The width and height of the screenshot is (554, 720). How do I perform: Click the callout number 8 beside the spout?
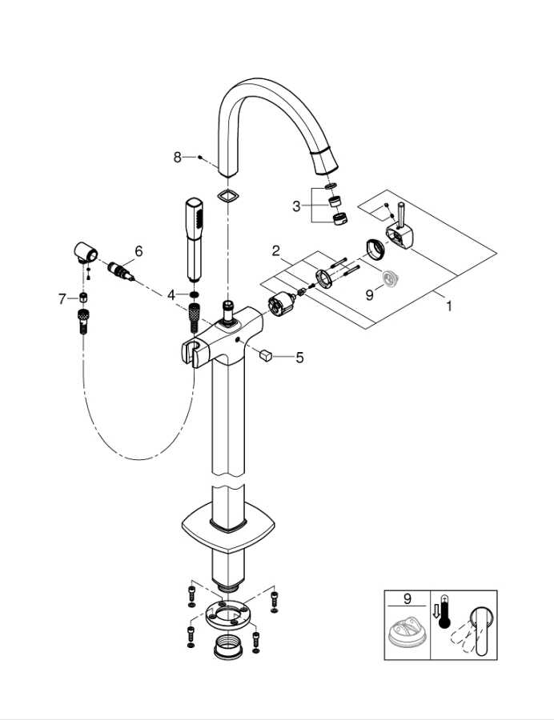[177, 158]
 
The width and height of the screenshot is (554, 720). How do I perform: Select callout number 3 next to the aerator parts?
[296, 206]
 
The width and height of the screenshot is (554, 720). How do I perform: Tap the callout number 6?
[138, 251]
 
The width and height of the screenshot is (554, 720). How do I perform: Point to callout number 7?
[62, 299]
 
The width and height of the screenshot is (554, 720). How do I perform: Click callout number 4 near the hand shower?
[171, 294]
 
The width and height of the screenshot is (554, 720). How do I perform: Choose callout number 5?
[299, 358]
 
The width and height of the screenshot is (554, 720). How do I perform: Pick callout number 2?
[275, 250]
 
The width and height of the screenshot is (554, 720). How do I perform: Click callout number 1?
[449, 306]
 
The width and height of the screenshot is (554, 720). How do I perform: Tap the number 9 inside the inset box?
[407, 599]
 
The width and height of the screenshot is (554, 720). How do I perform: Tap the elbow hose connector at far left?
[85, 252]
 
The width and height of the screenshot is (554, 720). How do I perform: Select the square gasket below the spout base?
[228, 196]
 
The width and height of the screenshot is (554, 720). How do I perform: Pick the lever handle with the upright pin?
[398, 230]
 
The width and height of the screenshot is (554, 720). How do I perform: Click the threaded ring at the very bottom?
[228, 647]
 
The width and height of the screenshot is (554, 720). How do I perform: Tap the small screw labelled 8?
[200, 158]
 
